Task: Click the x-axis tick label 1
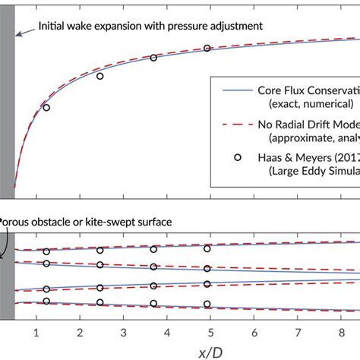click(36, 331)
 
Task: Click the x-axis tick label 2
click(79, 331)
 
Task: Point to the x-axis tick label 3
click(123, 331)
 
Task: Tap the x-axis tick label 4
click(167, 331)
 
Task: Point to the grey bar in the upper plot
click(7, 106)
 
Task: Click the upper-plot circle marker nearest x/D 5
click(207, 49)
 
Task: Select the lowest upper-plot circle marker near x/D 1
click(46, 108)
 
